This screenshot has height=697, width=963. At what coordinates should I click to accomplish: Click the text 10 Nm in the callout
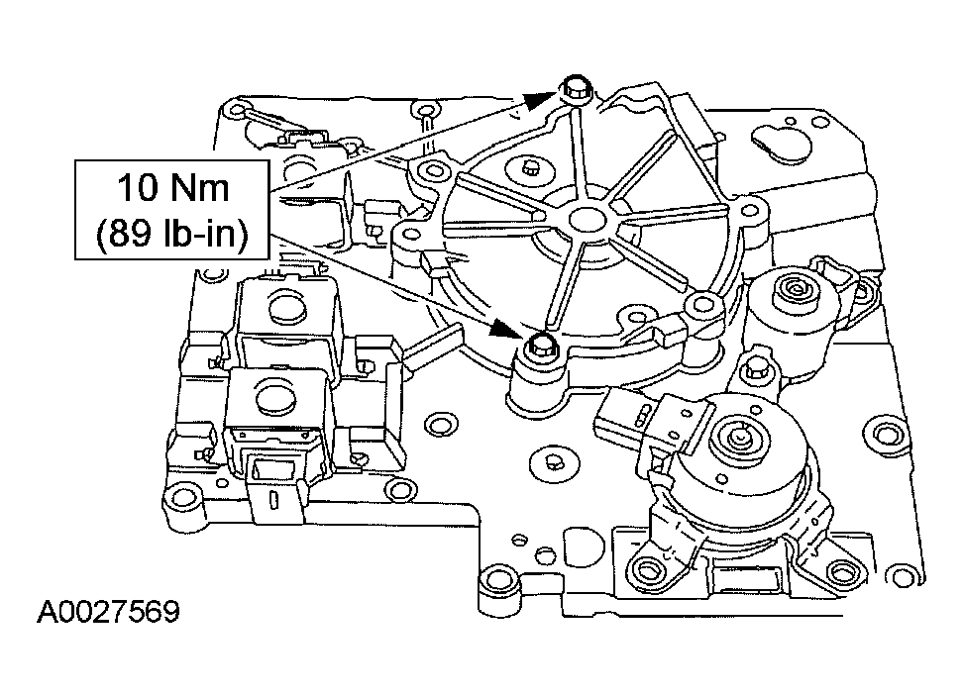coord(173,187)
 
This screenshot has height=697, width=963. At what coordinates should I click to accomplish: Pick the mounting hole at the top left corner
coord(236,105)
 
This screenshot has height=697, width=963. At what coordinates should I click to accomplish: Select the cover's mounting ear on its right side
coord(754,211)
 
